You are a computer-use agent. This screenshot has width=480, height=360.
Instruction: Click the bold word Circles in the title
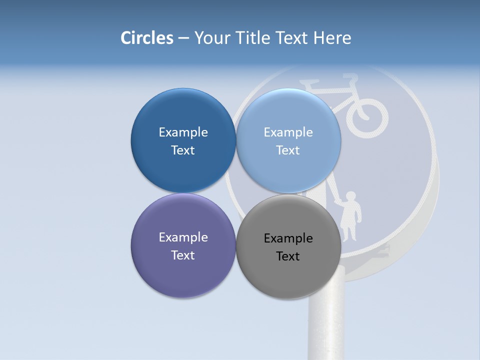coord(146,38)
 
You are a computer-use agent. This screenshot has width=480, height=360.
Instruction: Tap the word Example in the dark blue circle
coord(183,132)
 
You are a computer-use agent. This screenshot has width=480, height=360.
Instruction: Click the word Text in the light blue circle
coord(288,150)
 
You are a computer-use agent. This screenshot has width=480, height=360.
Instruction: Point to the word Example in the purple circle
coord(183,237)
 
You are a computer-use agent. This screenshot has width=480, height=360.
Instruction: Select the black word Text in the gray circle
coord(288,256)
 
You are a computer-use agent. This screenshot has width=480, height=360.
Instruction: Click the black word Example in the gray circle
coord(288,238)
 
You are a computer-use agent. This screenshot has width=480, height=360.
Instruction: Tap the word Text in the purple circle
coord(183,255)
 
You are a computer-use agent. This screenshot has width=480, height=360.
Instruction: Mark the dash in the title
coord(183,38)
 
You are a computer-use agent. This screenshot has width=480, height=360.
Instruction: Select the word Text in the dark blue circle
coord(183,150)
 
